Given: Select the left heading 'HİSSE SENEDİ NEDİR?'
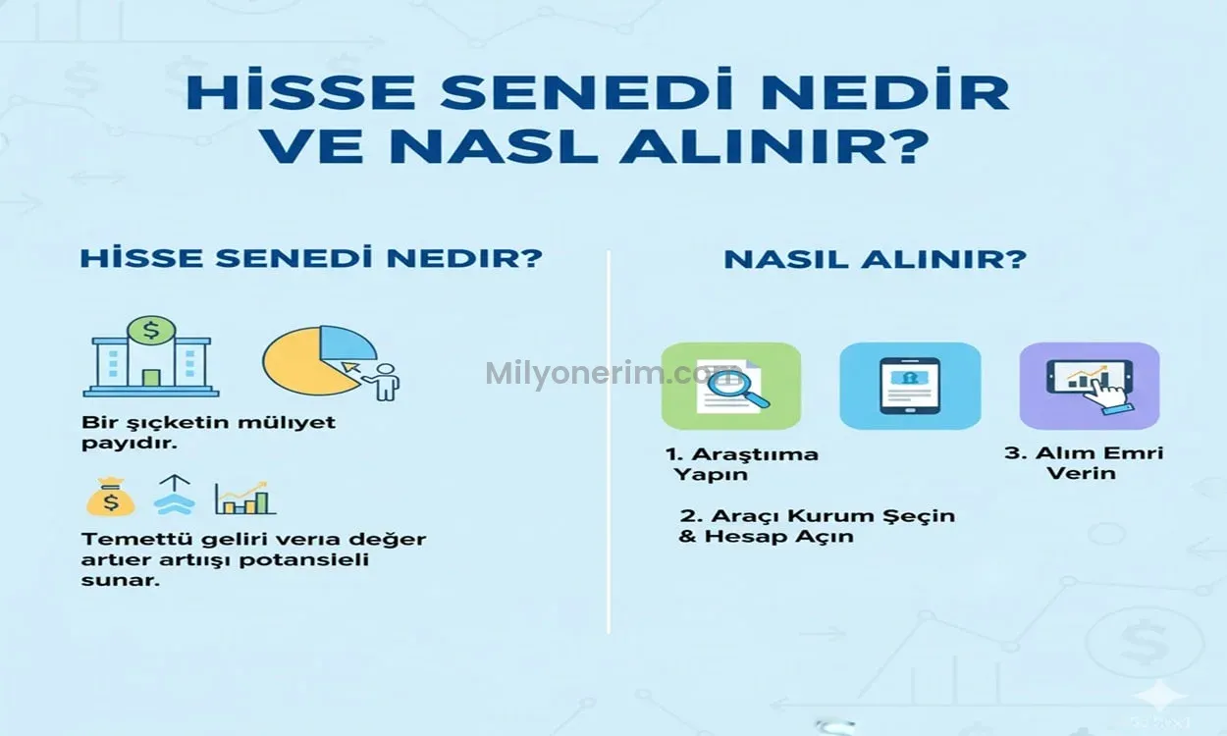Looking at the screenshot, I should (311, 260).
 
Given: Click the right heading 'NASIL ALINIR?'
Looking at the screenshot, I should (875, 260).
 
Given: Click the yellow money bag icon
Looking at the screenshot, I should (110, 498).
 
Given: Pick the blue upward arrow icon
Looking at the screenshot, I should (174, 496).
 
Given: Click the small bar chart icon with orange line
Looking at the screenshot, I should (244, 498).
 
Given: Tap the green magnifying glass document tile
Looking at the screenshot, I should (730, 386).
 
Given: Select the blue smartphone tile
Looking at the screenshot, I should (909, 386).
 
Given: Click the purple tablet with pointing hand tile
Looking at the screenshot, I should (1089, 386).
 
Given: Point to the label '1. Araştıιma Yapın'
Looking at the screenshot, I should (742, 464).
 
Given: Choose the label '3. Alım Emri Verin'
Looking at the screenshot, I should (1084, 462).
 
